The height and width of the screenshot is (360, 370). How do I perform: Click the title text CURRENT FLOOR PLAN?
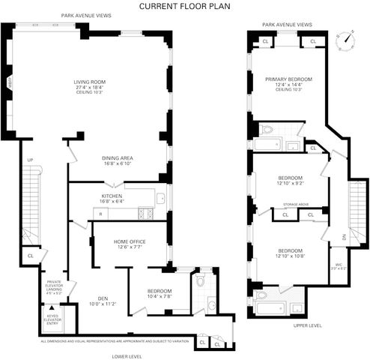(185, 6)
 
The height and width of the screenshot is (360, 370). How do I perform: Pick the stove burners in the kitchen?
(148, 214)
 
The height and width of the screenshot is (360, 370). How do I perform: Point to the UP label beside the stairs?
(30, 160)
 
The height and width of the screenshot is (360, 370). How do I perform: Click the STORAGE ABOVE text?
(293, 204)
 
